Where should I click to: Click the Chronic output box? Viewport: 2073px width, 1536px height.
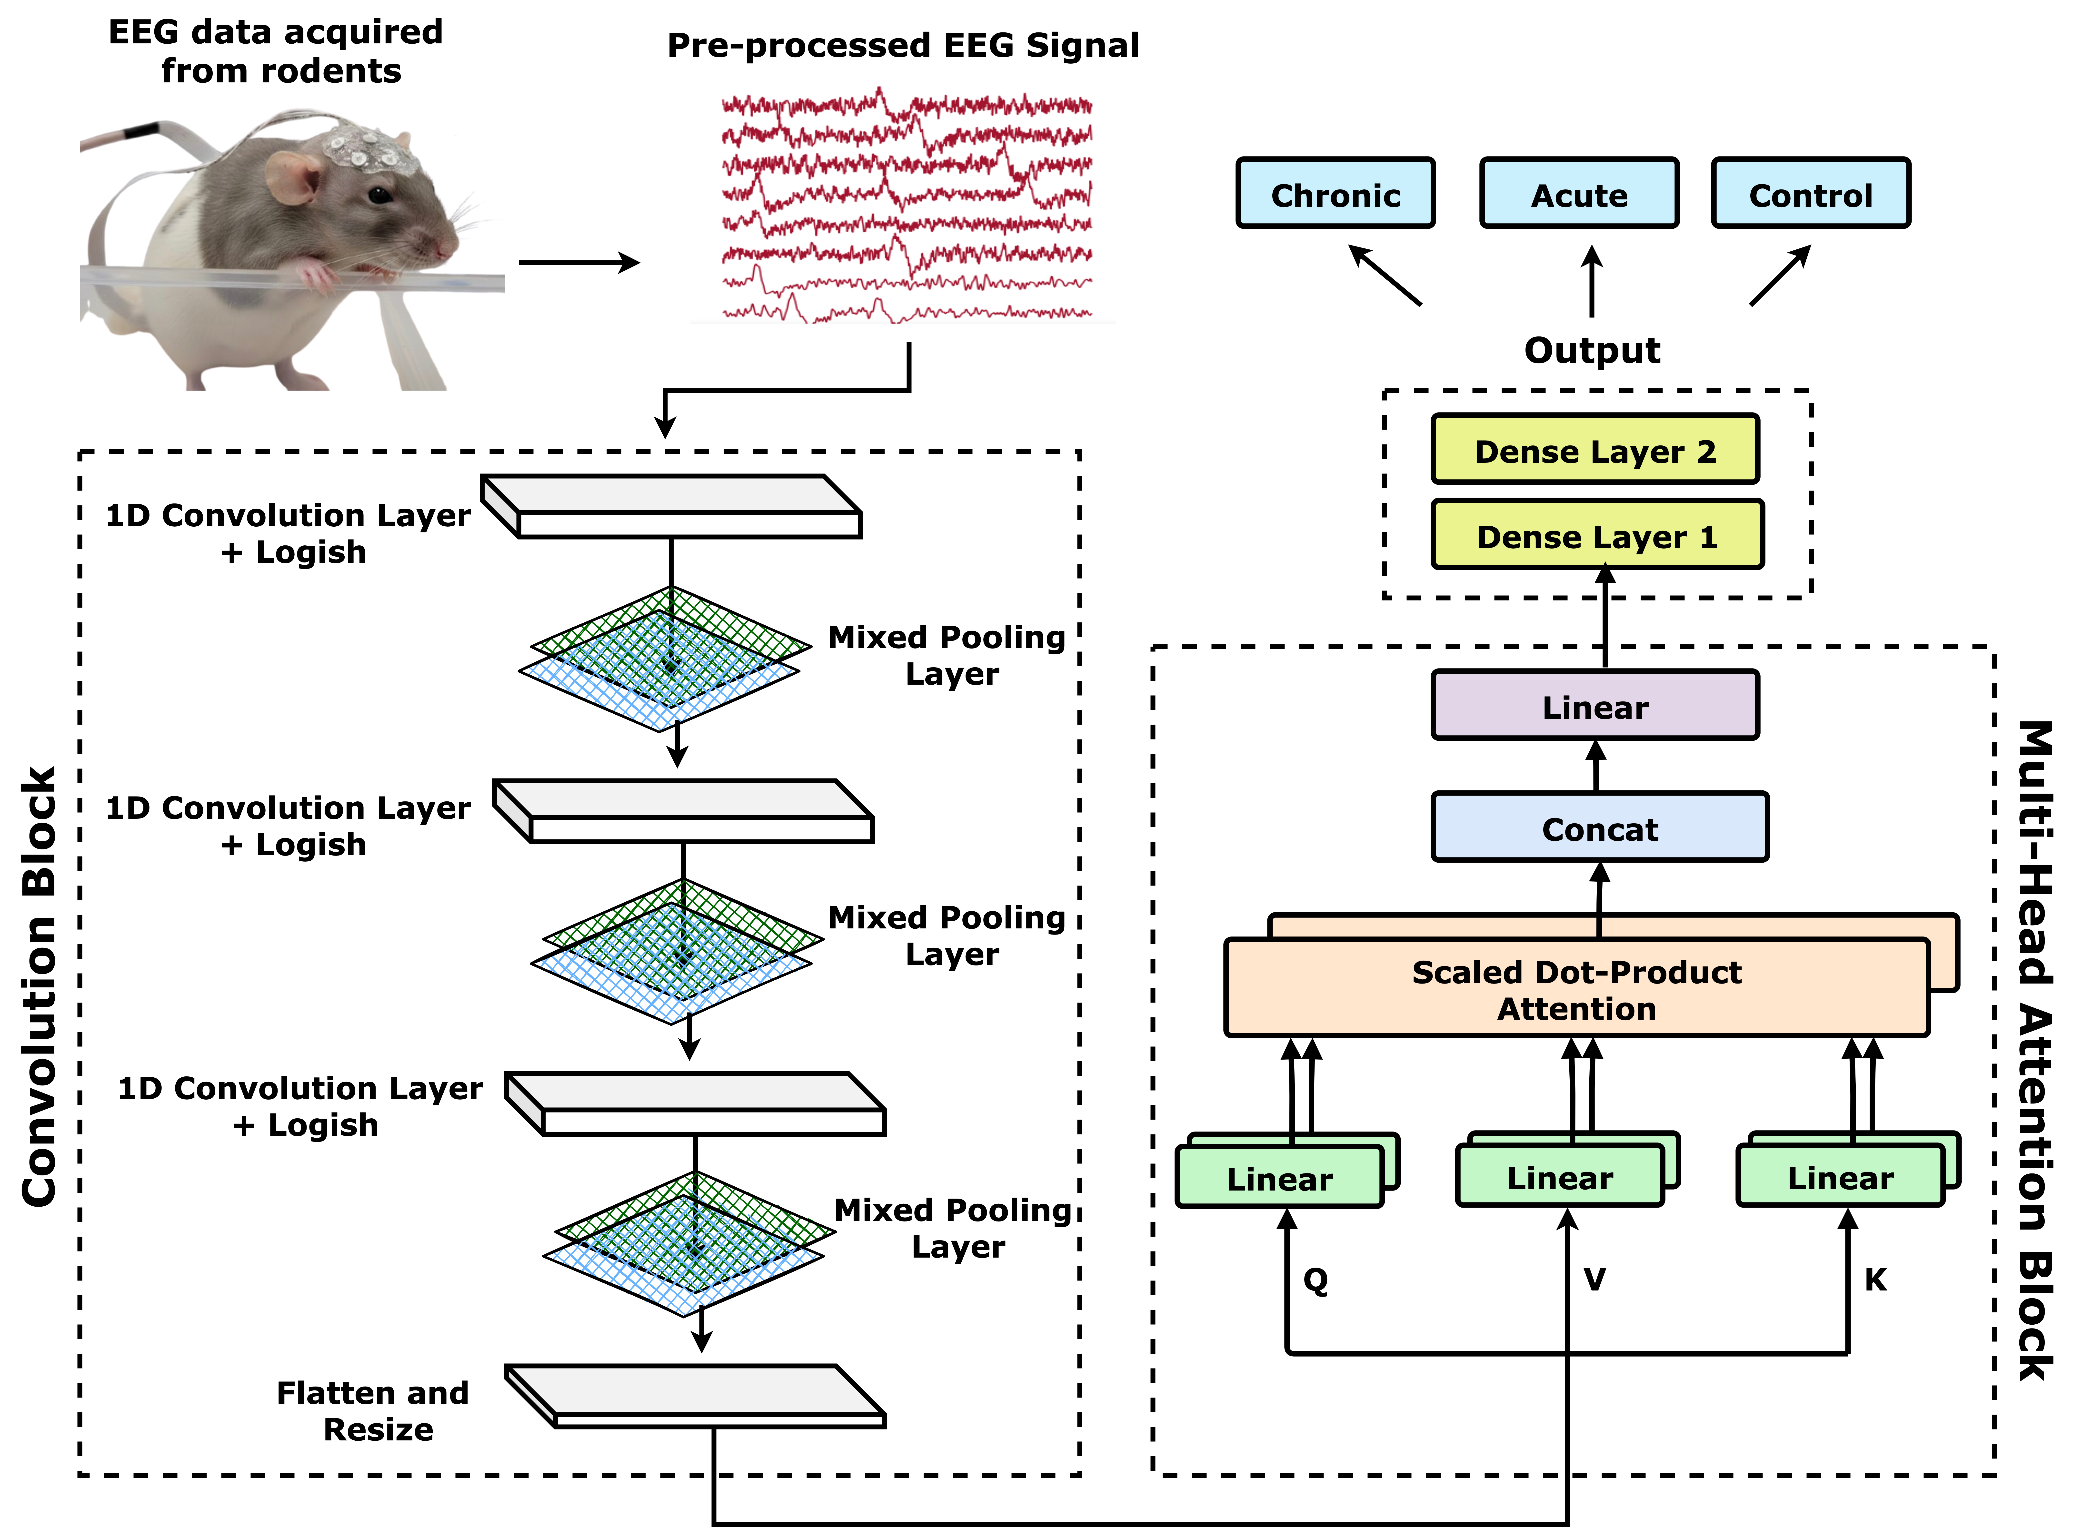point(1335,193)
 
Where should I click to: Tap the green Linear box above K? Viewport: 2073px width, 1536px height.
point(1840,1177)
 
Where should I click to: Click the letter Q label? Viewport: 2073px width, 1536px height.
point(1315,1279)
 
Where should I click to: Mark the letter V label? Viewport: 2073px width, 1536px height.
point(1594,1279)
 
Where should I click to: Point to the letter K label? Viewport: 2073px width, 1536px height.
point(1875,1279)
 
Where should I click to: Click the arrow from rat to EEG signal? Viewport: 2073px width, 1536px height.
point(578,263)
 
